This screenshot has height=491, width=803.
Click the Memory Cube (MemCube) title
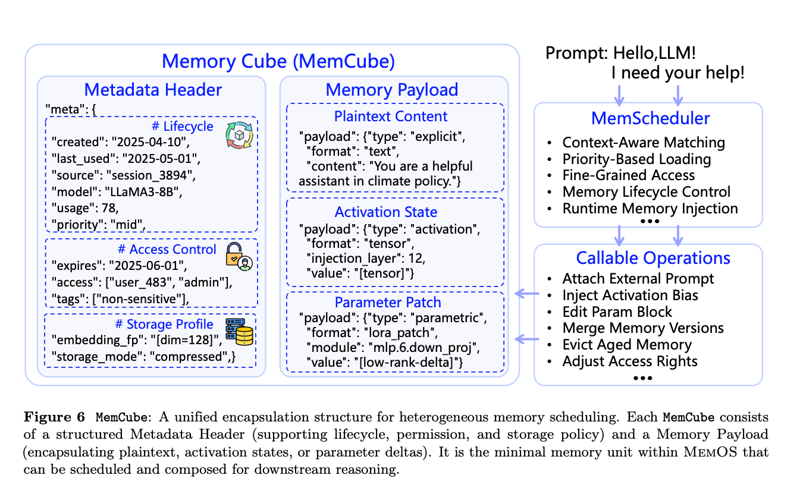point(278,61)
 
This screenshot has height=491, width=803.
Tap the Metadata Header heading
point(153,90)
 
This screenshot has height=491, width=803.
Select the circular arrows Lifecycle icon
point(239,136)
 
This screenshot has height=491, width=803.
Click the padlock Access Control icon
point(239,257)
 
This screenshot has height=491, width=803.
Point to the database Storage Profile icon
point(239,332)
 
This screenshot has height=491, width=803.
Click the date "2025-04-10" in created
point(150,142)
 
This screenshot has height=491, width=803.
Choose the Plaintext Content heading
point(391,117)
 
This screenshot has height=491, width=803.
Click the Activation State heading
point(386,212)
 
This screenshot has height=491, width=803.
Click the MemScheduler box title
point(650,118)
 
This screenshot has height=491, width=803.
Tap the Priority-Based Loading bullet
point(636,159)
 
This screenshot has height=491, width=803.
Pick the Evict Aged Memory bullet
point(627,345)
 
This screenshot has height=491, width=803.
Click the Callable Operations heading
point(653,258)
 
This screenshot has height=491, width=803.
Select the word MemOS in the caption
point(710,452)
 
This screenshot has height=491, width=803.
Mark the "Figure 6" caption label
point(54,417)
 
